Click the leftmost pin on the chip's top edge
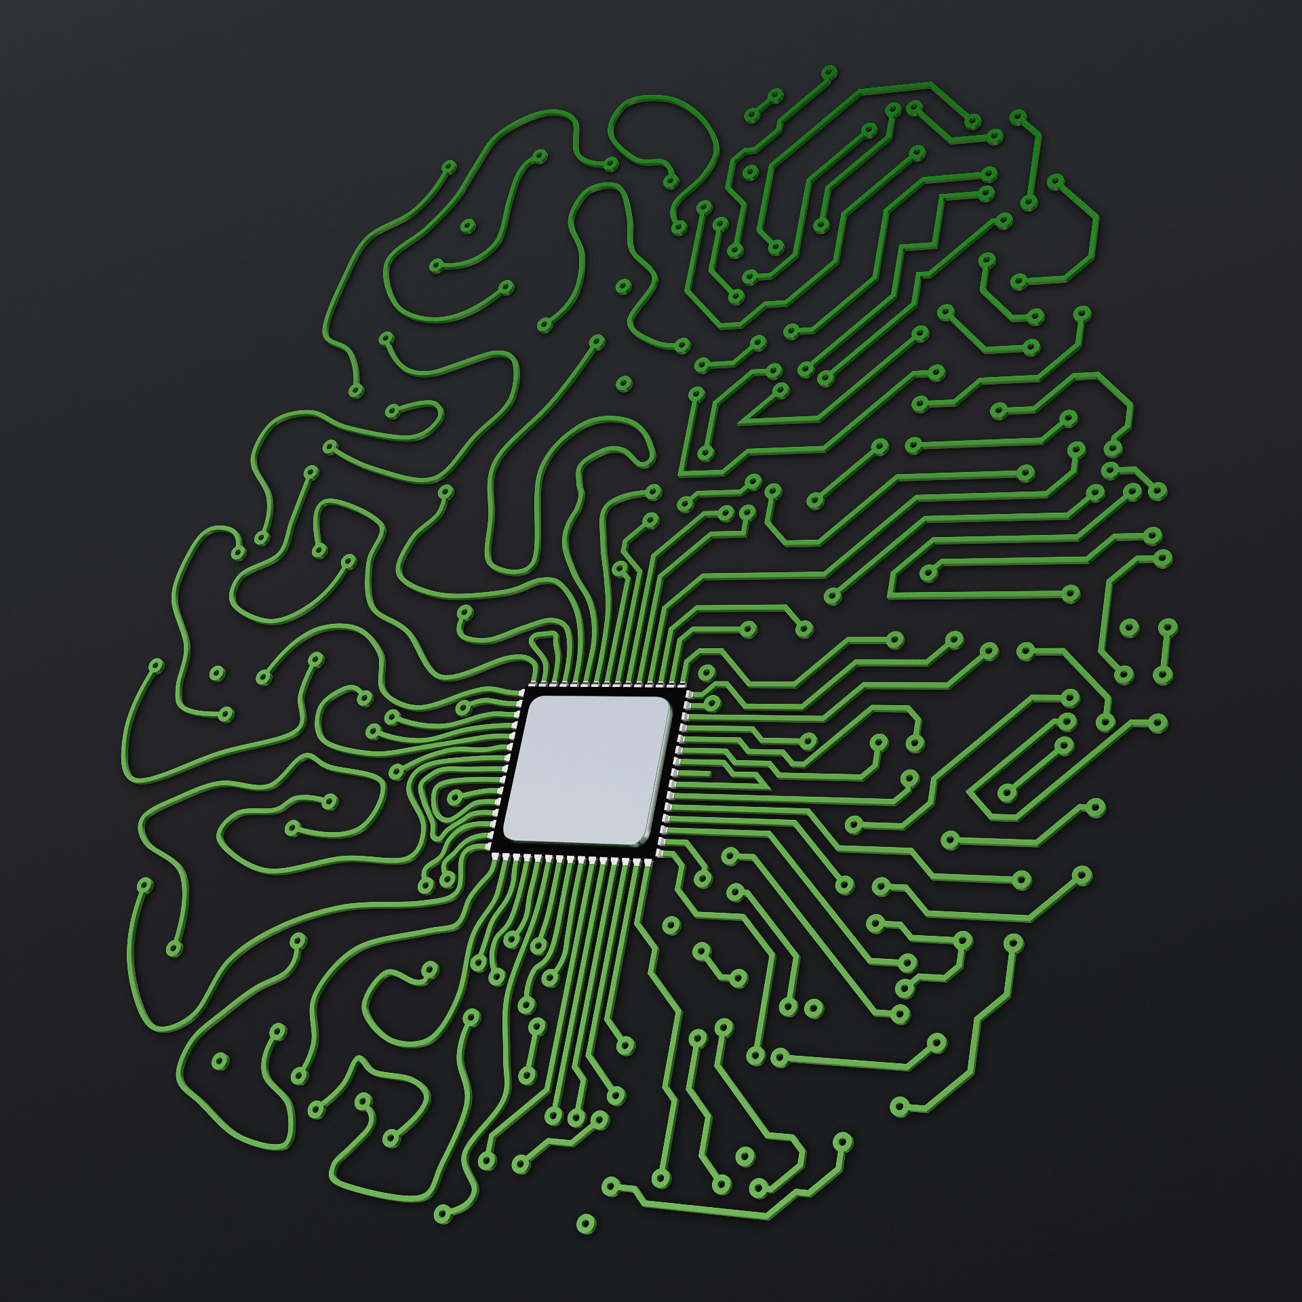(x=532, y=683)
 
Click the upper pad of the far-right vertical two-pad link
(x=1167, y=628)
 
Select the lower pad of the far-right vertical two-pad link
(x=1161, y=676)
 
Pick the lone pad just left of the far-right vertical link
(x=1127, y=628)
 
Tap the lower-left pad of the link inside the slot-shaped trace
(x=1006, y=793)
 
